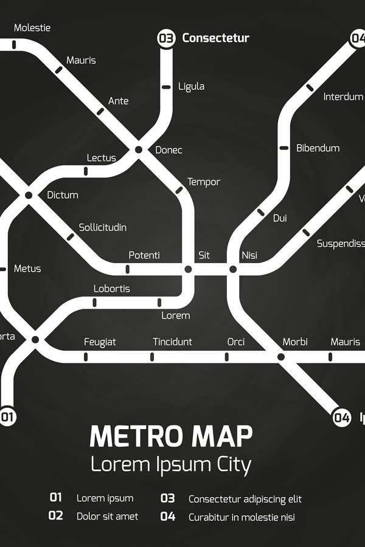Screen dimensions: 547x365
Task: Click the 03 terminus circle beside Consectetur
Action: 166,38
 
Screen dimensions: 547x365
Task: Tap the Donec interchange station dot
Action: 139,150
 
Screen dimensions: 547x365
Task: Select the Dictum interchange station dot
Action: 28,195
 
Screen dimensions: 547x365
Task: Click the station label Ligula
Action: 191,86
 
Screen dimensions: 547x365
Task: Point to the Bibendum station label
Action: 318,148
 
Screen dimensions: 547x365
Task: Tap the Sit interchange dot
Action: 188,269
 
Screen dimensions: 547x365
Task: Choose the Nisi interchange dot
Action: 232,269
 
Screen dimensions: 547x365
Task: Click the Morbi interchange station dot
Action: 280,357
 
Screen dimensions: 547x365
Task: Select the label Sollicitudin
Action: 103,227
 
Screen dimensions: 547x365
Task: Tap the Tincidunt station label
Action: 172,342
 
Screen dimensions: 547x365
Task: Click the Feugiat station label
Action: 100,342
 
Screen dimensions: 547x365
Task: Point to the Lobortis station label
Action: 111,289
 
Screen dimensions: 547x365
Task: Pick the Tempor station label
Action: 203,182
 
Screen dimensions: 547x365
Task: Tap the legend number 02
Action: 56,516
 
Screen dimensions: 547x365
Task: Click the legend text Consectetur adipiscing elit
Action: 245,499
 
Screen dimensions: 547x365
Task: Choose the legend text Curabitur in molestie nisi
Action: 242,517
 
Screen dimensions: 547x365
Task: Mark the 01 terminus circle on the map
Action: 7,417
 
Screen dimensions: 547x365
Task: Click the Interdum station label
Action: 342,97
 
